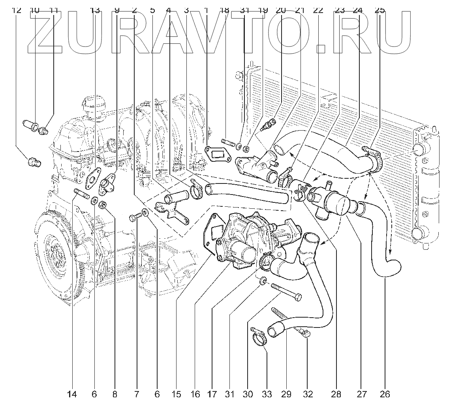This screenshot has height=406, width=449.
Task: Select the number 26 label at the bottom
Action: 385,393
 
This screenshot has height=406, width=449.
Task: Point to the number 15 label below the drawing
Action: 176,393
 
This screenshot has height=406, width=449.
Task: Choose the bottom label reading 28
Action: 336,393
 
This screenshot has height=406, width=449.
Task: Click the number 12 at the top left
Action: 17,10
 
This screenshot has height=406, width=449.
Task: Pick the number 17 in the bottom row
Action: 212,393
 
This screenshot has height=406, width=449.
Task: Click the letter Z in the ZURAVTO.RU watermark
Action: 45,32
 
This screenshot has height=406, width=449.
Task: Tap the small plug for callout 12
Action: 33,162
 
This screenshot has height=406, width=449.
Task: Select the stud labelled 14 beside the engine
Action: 81,194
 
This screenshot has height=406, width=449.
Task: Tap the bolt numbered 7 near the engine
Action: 135,217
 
